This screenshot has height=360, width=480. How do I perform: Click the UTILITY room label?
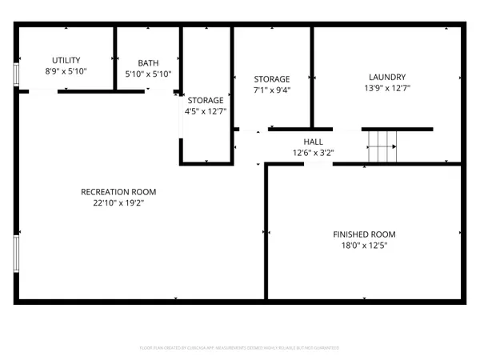pos(66,61)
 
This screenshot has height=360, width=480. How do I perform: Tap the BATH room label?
pos(148,62)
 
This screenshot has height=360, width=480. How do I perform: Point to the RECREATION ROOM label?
pos(118,192)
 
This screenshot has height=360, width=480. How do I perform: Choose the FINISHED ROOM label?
pos(364,234)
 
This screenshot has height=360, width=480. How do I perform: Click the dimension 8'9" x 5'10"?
pos(66,72)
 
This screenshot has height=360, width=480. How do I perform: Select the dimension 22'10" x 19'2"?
pos(118,203)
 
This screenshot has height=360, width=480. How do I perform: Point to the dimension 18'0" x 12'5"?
pos(364,246)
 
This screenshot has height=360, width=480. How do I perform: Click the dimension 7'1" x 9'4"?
pos(272,90)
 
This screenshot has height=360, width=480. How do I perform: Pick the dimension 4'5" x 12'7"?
pos(206,111)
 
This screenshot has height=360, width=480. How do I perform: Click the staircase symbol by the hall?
pos(382,146)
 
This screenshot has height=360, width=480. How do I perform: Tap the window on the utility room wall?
pos(16,74)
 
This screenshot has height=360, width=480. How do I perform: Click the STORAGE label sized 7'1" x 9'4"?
pos(272,79)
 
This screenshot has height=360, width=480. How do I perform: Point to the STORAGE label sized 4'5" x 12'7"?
pos(206,100)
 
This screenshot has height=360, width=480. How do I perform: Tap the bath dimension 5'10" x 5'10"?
pos(148,74)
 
